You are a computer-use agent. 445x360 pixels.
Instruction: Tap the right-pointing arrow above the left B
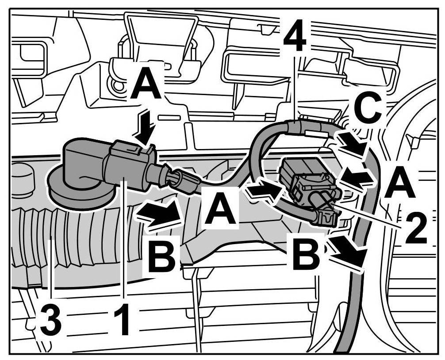(x=160, y=215)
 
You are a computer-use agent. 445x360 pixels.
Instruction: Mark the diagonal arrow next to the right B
(x=350, y=251)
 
